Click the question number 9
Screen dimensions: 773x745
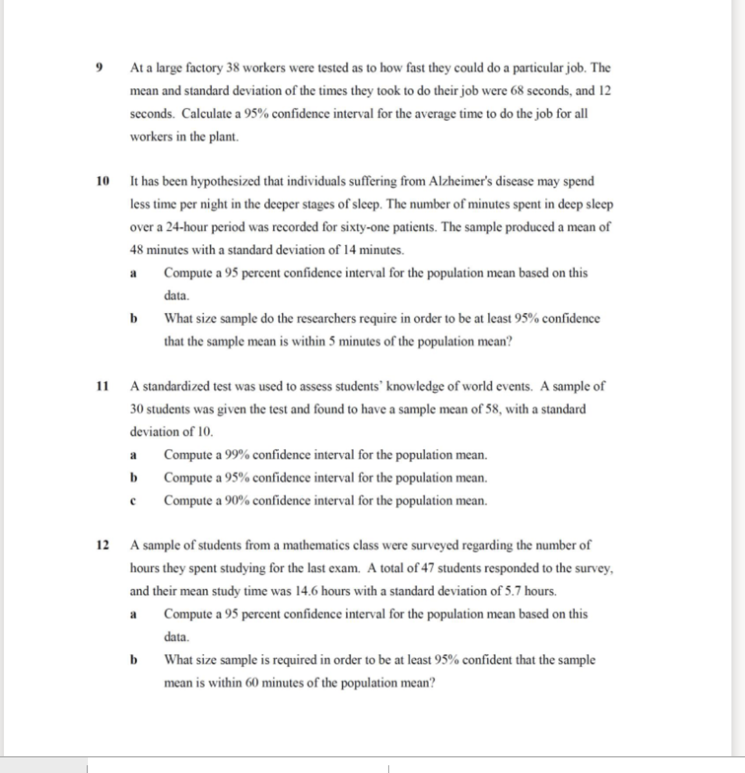pyautogui.click(x=99, y=68)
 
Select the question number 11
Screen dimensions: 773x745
pyautogui.click(x=102, y=386)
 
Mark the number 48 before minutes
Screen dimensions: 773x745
pyautogui.click(x=137, y=250)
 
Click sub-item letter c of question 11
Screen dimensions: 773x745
pyautogui.click(x=132, y=500)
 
